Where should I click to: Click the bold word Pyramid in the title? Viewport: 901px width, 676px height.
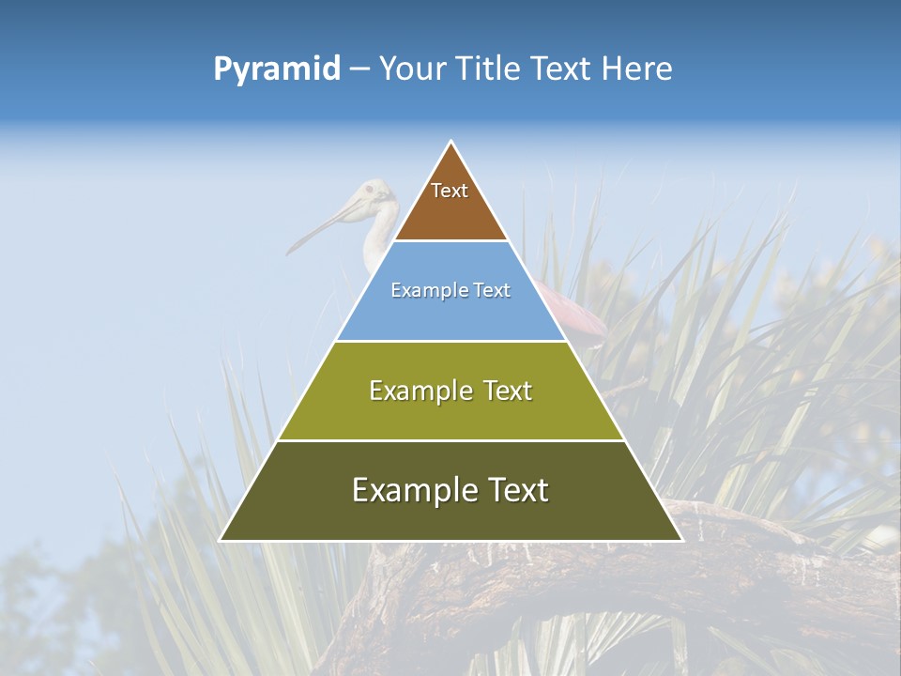[x=277, y=69]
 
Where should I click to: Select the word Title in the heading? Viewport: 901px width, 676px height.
[x=488, y=69]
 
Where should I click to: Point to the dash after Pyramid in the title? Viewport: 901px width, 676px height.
[x=359, y=69]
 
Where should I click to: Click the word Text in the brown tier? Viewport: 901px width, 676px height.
[x=450, y=191]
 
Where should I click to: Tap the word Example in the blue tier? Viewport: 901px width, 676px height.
[x=427, y=290]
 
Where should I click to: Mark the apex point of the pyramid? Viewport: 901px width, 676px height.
[x=451, y=142]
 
